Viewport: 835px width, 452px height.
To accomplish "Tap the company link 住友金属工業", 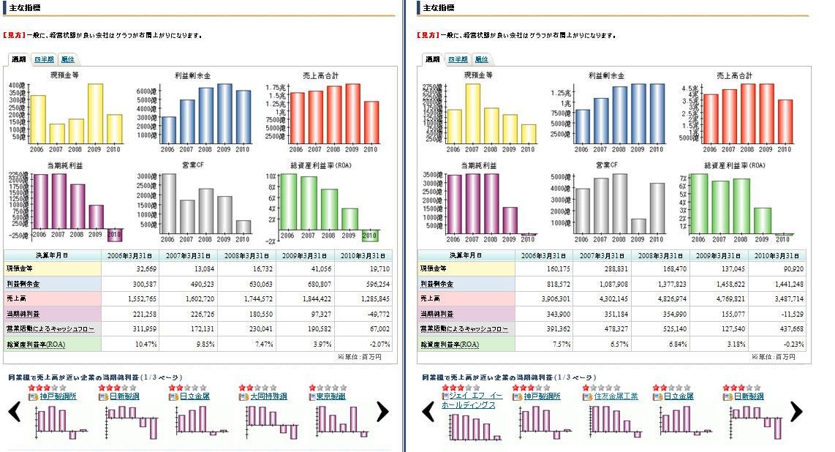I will [611, 396].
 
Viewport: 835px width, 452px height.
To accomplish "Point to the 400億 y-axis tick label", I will [18, 86].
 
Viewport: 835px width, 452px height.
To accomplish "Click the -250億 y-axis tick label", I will [18, 235].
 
